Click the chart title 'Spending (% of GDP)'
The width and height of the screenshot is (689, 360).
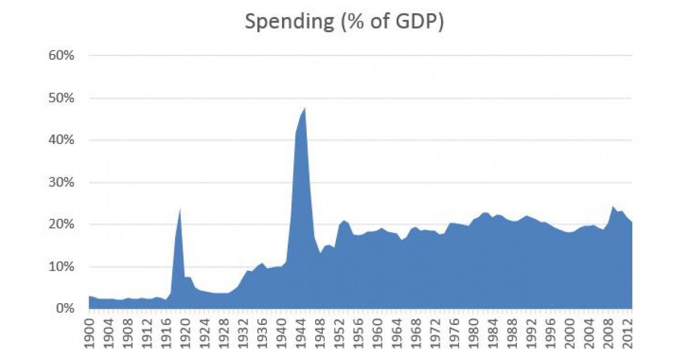point(344,22)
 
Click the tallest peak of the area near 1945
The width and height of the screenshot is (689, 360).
point(304,109)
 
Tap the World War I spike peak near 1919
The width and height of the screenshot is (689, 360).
point(180,209)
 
